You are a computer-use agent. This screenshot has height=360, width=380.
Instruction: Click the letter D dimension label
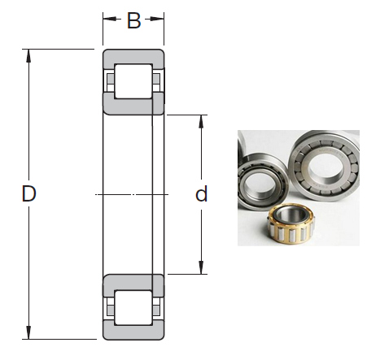coord(29,194)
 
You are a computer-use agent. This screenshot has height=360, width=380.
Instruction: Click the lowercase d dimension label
coord(202,194)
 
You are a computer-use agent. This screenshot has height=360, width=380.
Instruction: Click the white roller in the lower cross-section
coord(133,309)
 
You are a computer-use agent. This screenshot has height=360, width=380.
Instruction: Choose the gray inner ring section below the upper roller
coord(133,104)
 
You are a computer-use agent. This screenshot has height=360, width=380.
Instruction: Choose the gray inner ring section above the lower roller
coord(133,284)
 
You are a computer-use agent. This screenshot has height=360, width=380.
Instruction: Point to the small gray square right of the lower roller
coord(157,309)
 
